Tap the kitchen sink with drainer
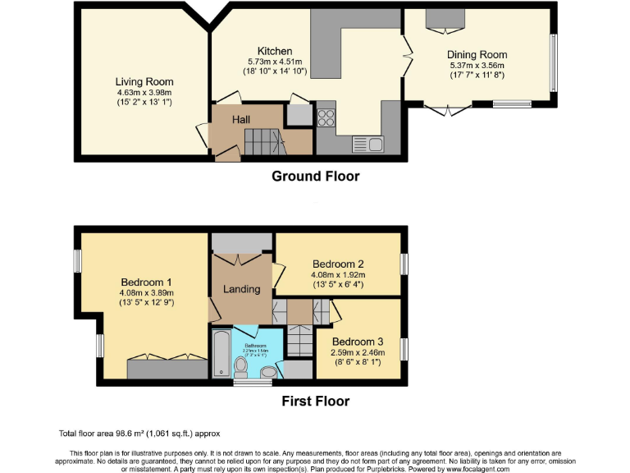tap(369, 145)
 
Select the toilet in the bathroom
tap(242, 365)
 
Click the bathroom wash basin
tap(267, 374)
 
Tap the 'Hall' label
tap(240, 120)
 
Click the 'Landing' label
tap(242, 289)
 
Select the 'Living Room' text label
tap(144, 81)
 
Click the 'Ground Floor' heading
tap(315, 176)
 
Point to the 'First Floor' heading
tap(316, 402)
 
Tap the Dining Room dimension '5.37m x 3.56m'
tap(477, 65)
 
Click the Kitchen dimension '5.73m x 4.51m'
tap(275, 62)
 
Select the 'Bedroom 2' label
tap(337, 264)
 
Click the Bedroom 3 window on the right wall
tap(404, 349)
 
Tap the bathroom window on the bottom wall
tap(244, 382)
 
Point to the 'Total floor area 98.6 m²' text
tap(139, 433)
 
